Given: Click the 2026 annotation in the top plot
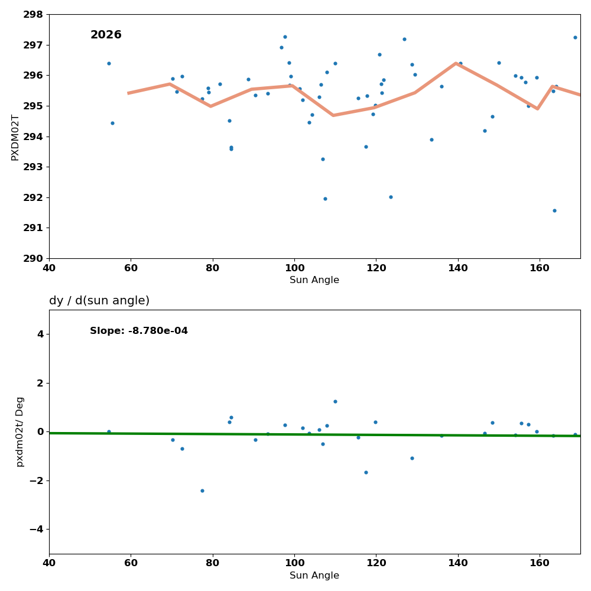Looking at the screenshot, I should click(x=106, y=35).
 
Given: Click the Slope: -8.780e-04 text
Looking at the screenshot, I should click(x=139, y=331).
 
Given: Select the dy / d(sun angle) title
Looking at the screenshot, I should click(x=99, y=301).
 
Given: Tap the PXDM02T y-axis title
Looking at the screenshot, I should click(x=15, y=137).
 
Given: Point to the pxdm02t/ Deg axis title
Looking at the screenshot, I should click(x=20, y=431).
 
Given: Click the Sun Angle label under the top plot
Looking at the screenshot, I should click(x=314, y=280).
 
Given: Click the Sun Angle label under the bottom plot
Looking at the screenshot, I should click(x=314, y=576).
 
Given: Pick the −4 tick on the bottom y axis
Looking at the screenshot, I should click(x=35, y=529).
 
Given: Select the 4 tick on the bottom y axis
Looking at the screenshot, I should click(x=40, y=334).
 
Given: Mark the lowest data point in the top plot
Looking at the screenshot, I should click(x=554, y=210).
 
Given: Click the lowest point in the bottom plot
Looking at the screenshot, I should click(x=202, y=491).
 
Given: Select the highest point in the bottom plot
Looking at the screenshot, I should click(x=335, y=401).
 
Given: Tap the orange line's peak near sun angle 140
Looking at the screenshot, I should click(x=456, y=63).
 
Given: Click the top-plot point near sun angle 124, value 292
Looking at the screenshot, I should click(x=391, y=197).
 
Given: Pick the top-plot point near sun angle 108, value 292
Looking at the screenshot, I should click(x=325, y=199).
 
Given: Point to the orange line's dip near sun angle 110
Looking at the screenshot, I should click(x=333, y=115).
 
